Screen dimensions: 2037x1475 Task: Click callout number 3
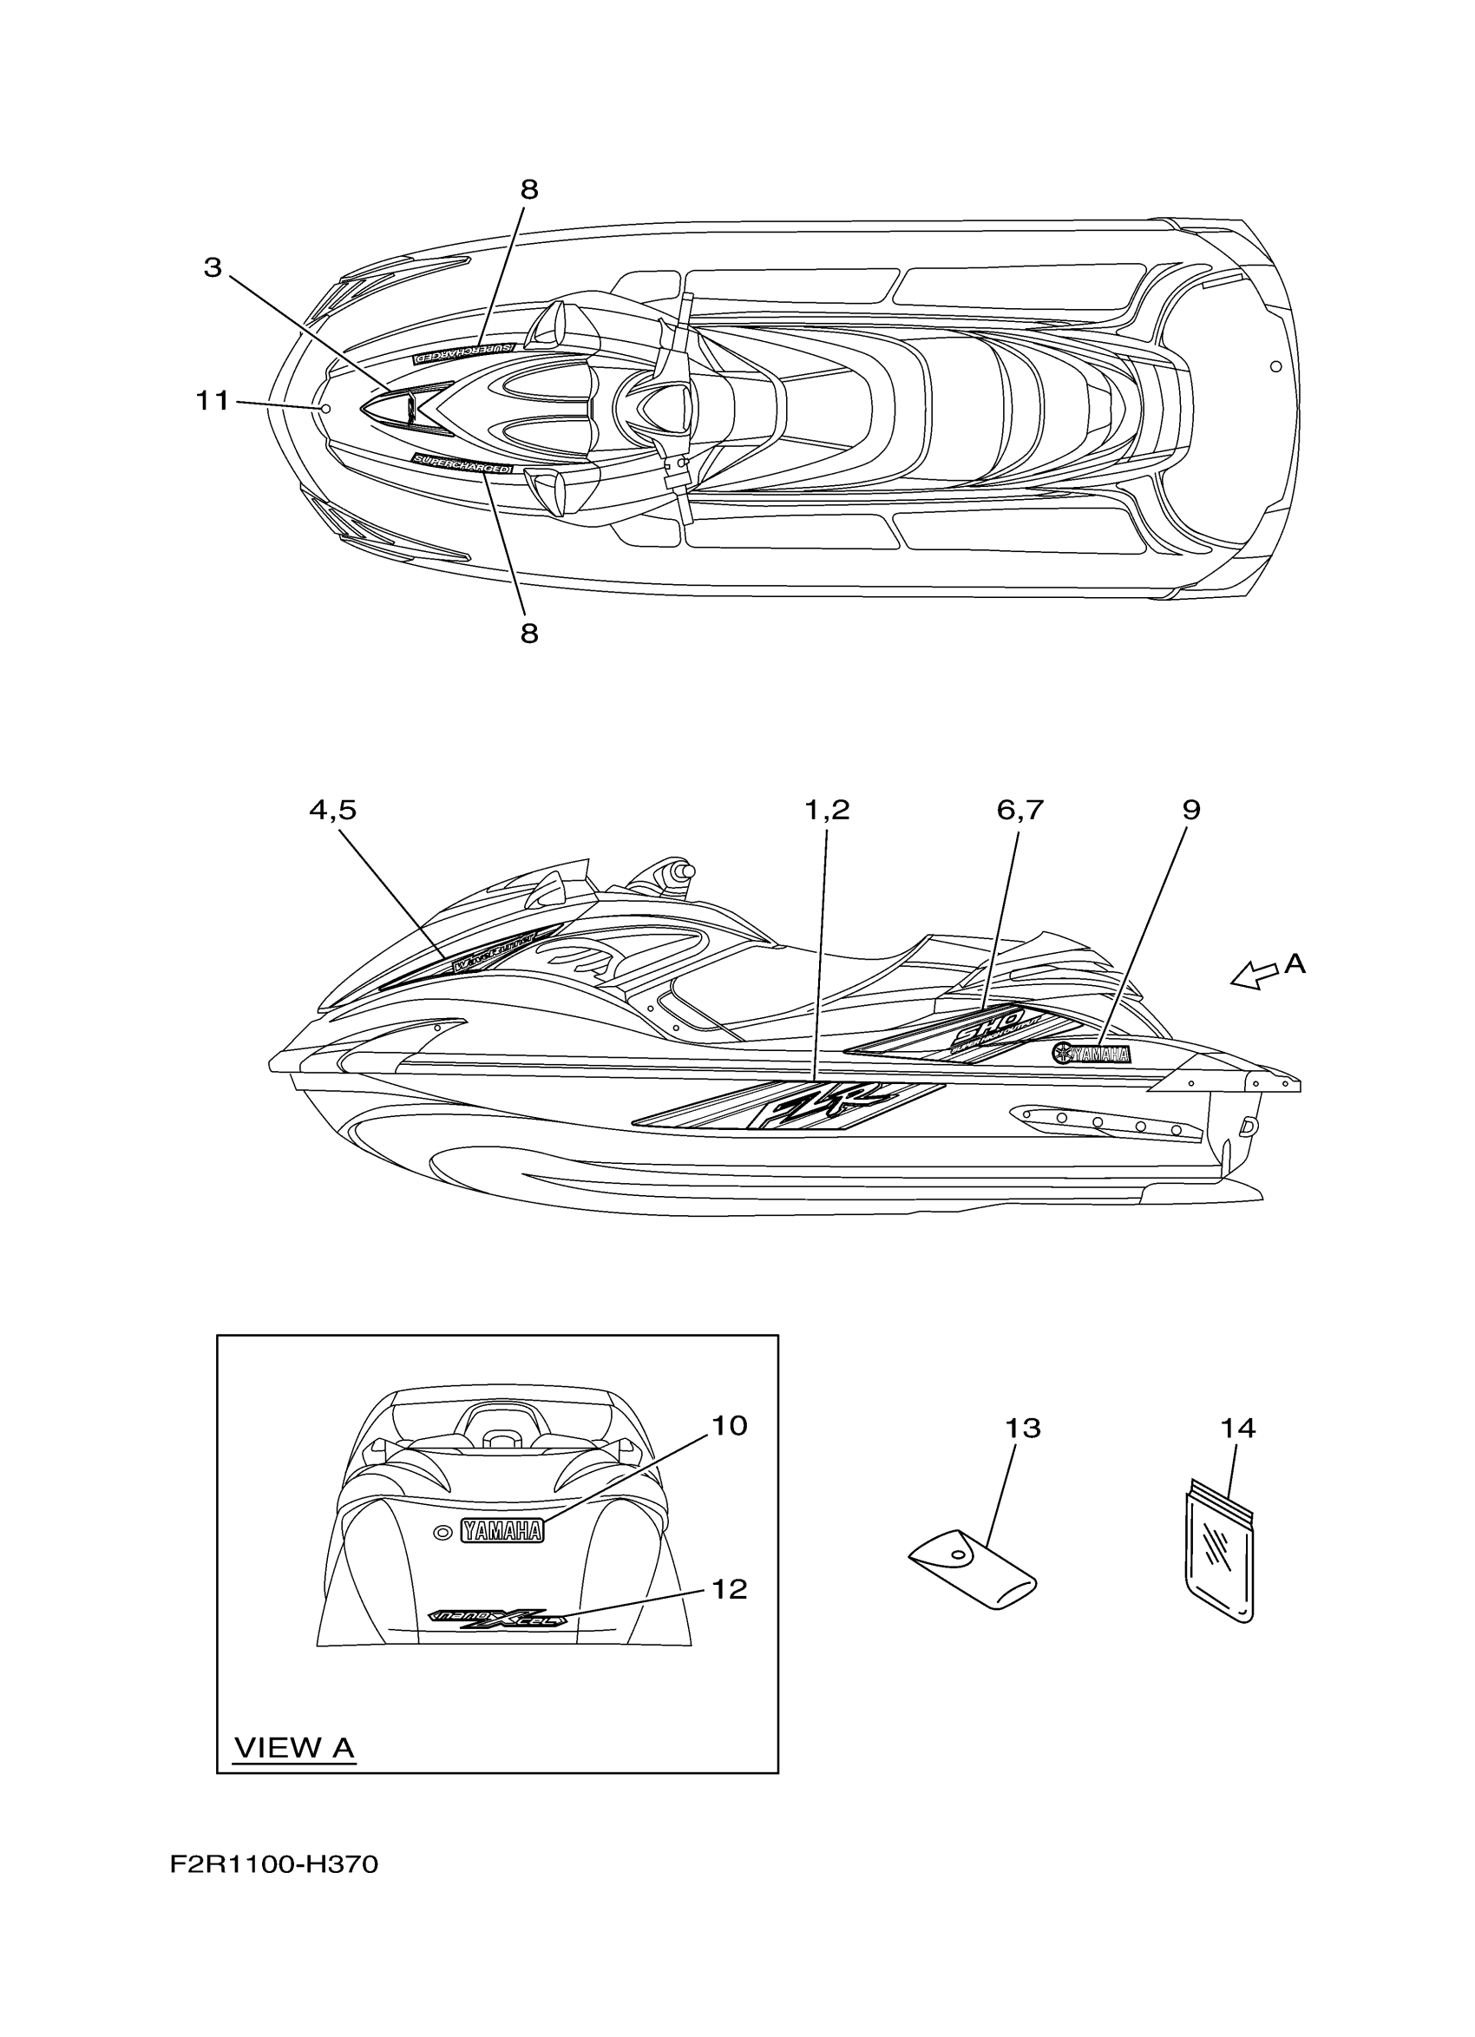click(212, 267)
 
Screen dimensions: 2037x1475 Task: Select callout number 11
click(213, 401)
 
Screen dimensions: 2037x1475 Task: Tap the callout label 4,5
click(332, 810)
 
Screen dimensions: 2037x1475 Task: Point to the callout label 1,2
click(826, 810)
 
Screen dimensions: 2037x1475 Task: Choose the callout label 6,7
click(1019, 810)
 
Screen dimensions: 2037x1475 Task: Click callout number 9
click(1190, 810)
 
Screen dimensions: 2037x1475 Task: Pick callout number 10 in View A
click(729, 1425)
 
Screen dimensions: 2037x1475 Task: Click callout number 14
click(1238, 1428)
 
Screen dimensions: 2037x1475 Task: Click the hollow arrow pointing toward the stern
click(1254, 975)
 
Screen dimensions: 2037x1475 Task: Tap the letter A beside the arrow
click(1295, 964)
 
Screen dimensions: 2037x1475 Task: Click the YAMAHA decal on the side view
click(1092, 1055)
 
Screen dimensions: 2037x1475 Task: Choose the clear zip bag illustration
click(1222, 1547)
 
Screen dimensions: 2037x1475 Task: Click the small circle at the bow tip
click(326, 409)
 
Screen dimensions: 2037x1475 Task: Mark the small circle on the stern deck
click(1275, 366)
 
